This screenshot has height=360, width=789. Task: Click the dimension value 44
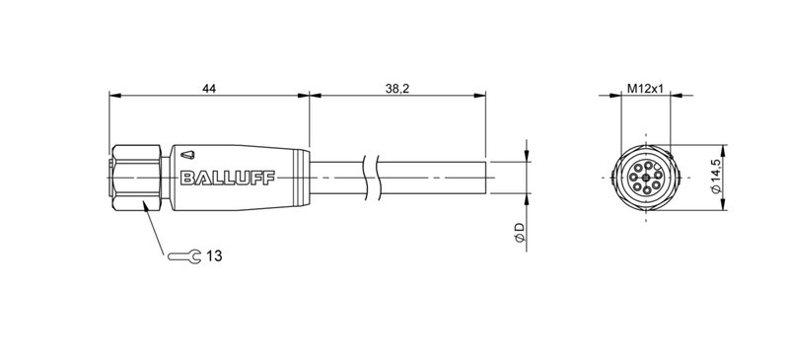(209, 89)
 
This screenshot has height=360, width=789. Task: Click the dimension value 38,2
(399, 89)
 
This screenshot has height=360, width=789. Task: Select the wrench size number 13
(214, 256)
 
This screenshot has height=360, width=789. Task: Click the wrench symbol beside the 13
(187, 256)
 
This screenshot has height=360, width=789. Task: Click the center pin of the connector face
(644, 179)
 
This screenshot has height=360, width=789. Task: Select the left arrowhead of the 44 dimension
(114, 97)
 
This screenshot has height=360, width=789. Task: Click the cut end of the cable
(486, 178)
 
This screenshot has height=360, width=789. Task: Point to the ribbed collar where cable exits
(301, 178)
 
